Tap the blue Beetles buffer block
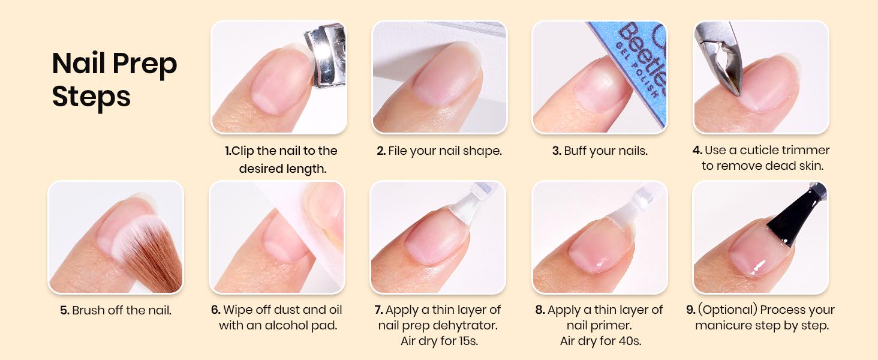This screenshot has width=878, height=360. [x=639, y=66]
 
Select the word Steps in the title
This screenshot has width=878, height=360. [x=91, y=96]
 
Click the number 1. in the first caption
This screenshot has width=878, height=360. [x=228, y=151]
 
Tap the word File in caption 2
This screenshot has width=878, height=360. [x=399, y=151]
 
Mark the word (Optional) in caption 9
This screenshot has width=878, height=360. [x=729, y=310]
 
